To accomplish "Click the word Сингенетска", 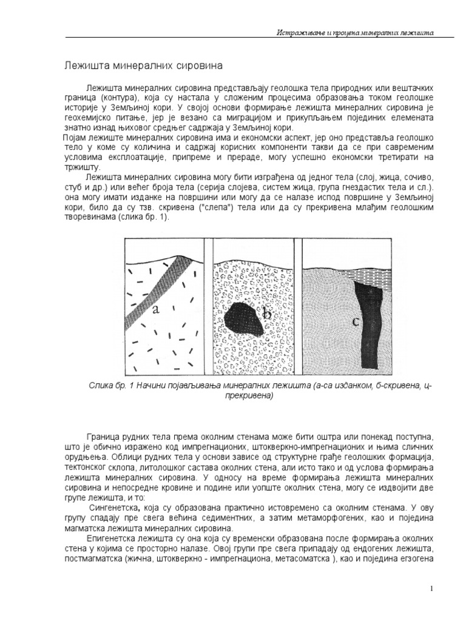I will click(x=113, y=506).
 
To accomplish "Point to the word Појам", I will click(x=76, y=139).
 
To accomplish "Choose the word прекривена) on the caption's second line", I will click(x=235, y=397).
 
